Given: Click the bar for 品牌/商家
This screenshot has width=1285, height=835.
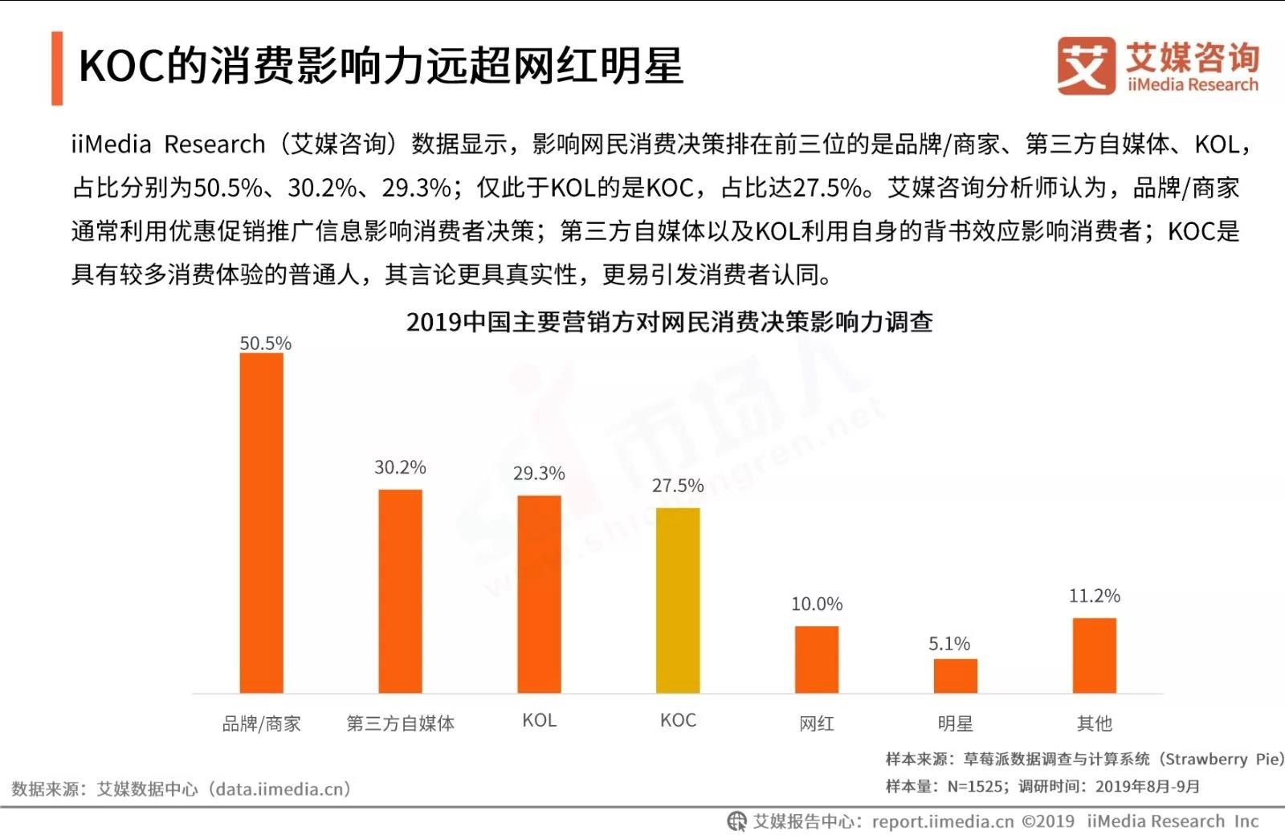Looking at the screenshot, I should (x=261, y=523).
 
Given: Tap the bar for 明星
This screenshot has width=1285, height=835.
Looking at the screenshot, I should (x=955, y=675).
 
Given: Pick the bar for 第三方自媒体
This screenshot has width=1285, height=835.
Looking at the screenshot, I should (x=400, y=591).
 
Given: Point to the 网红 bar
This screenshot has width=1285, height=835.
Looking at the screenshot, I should (x=817, y=659).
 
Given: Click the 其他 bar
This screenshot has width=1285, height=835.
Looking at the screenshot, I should (x=1094, y=655).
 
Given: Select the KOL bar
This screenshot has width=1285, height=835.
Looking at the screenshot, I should (x=539, y=594).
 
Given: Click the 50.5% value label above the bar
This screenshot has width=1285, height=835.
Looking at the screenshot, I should (x=265, y=344).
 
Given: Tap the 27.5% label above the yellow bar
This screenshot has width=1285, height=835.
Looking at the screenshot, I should (x=678, y=486).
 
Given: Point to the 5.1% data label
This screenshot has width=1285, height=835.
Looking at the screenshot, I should (x=949, y=644).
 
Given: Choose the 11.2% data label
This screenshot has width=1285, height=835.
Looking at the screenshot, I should (x=1094, y=596).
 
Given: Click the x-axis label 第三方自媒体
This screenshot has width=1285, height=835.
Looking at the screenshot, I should (x=400, y=723).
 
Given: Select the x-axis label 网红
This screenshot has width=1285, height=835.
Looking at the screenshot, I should (x=817, y=723).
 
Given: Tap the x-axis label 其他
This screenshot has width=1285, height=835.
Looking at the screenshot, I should (x=1094, y=723).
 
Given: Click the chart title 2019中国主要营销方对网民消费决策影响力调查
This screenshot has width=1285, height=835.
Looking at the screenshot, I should (x=669, y=322).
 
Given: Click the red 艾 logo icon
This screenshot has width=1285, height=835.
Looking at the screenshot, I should (x=1086, y=66).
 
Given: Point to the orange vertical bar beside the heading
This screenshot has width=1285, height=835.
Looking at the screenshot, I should (x=57, y=68).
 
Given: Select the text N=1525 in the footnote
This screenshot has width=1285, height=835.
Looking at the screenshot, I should (x=974, y=787).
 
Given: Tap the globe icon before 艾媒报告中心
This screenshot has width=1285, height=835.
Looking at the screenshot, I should (x=736, y=821).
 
